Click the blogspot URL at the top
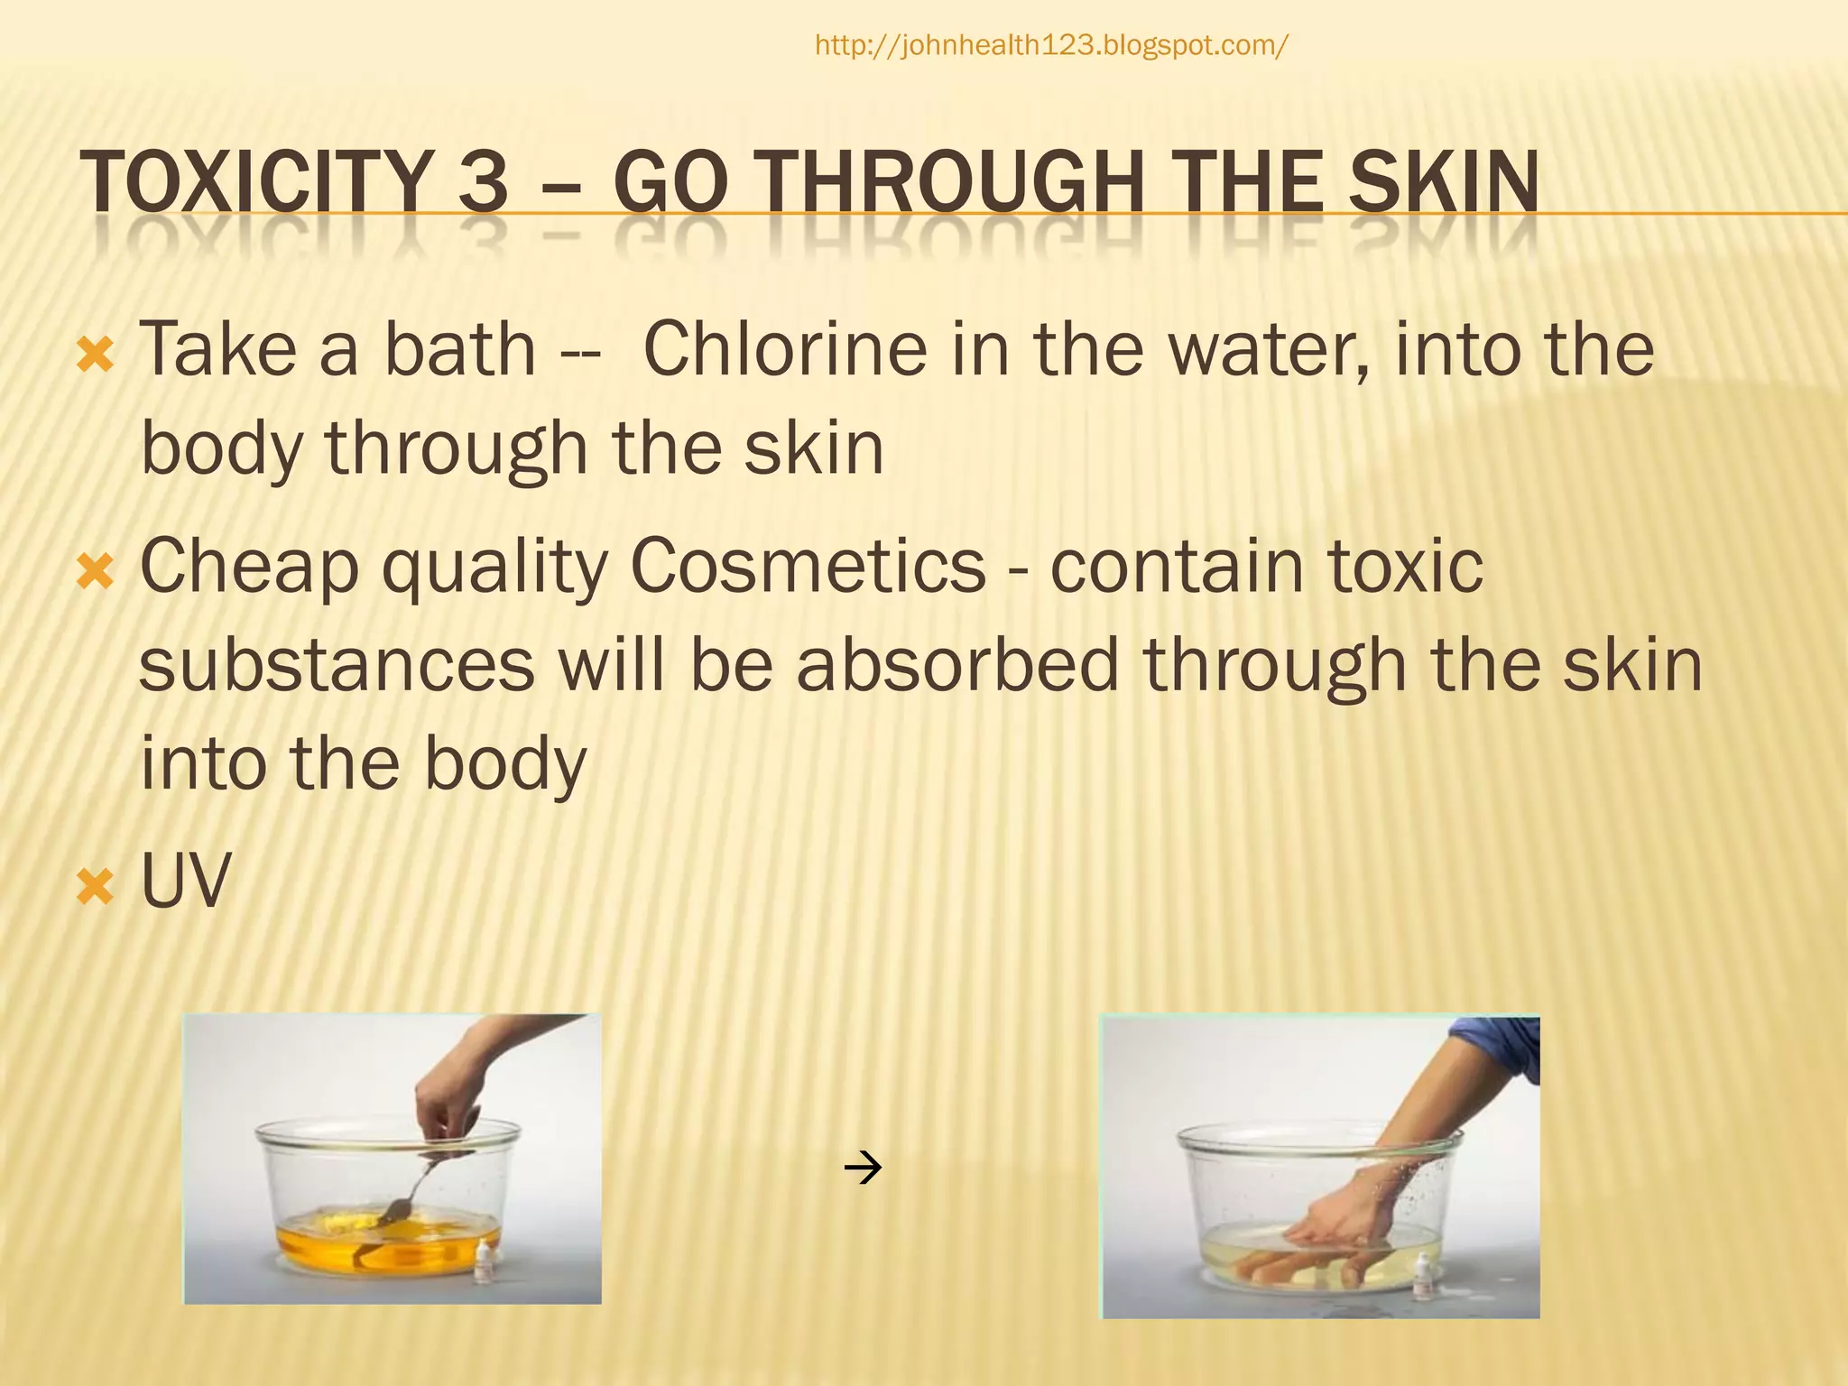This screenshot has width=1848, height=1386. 1051,45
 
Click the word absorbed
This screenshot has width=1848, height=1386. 956,665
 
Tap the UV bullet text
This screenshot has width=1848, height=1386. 185,880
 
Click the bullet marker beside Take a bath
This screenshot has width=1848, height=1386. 96,356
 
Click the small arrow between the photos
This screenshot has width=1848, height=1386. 863,1169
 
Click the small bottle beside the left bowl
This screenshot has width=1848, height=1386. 486,1260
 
